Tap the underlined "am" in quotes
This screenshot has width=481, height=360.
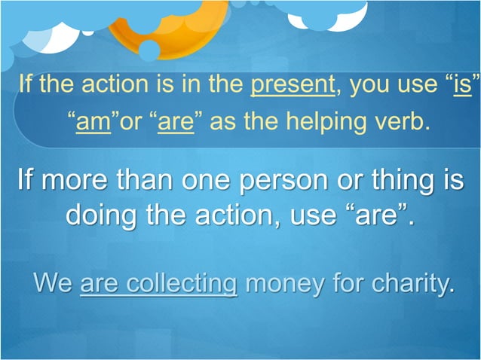(x=93, y=121)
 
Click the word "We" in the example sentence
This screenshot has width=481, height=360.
(x=53, y=285)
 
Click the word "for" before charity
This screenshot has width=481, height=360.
(x=348, y=285)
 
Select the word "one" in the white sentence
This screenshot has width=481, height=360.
(x=208, y=184)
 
